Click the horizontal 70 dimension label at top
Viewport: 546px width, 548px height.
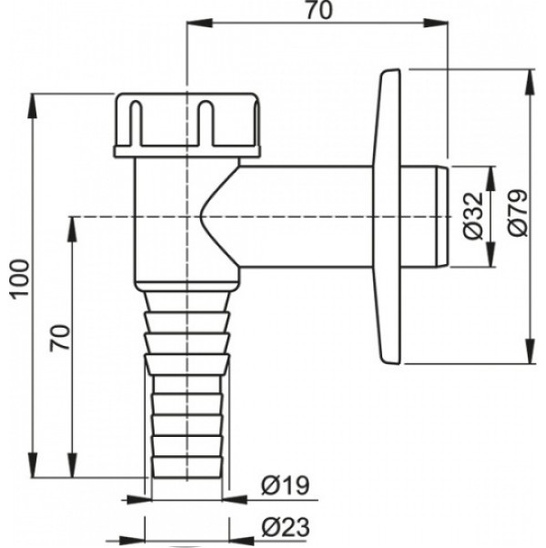coord(319,11)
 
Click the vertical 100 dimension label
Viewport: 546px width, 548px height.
coord(19,279)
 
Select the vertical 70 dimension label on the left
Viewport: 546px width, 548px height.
coord(59,338)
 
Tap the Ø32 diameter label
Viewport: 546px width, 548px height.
coord(474,216)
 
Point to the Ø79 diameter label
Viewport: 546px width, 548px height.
coord(518,213)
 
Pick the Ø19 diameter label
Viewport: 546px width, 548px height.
coord(286,485)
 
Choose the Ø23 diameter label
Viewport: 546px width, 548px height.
coord(286,527)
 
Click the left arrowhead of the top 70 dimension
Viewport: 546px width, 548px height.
coord(200,24)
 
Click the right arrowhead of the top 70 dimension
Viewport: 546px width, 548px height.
coord(435,24)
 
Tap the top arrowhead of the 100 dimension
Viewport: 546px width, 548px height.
coord(33,107)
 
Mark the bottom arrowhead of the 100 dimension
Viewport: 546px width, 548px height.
coord(33,465)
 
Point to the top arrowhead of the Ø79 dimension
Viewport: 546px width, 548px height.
coord(531,83)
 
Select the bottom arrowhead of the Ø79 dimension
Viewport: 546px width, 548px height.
coord(531,350)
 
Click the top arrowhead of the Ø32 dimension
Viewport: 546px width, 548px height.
coord(490,178)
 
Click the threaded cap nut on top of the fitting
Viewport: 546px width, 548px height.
coord(187,125)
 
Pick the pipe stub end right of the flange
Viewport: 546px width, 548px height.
coord(424,217)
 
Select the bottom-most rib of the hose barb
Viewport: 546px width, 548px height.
coord(187,467)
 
